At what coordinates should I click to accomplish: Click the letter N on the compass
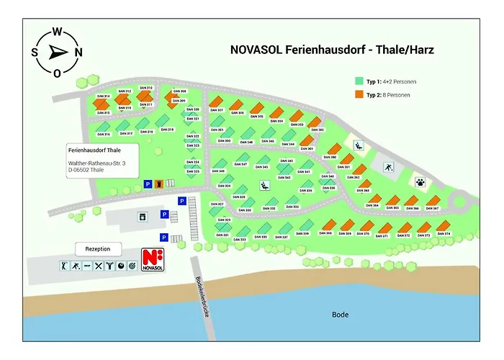click(x=78, y=52)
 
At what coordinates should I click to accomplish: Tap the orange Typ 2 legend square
click(x=359, y=94)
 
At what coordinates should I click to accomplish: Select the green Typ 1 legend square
click(x=359, y=81)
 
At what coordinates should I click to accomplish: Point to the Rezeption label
click(x=98, y=249)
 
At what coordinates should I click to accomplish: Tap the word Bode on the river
click(x=340, y=315)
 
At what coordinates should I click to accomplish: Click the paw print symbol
click(x=419, y=183)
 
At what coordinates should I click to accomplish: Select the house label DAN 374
click(x=444, y=235)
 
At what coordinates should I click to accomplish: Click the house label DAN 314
click(x=102, y=96)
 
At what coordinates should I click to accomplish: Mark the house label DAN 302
click(x=317, y=130)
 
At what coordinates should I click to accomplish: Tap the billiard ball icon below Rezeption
click(x=121, y=266)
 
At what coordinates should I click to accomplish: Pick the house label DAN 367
click(x=432, y=208)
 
